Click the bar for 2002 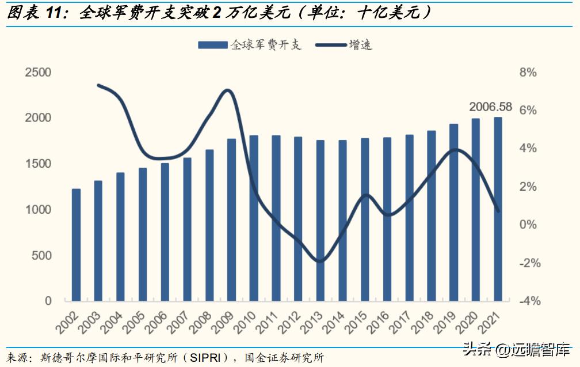coord(76,244)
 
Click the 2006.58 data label coord(490,107)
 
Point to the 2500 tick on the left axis coord(38,73)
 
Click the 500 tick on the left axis coord(41,255)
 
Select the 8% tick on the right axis coord(528,73)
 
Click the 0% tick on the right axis coord(528,225)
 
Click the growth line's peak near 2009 coord(228,90)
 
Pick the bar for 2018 coord(432,215)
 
